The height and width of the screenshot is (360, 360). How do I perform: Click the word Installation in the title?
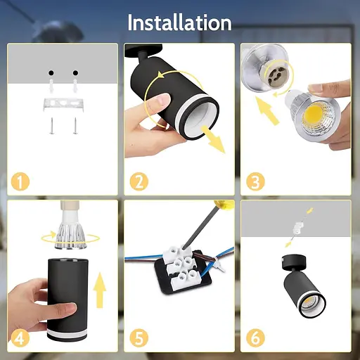coord(179,22)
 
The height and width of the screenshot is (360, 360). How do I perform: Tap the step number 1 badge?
coord(20,181)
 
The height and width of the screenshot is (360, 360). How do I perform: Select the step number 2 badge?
coord(139,181)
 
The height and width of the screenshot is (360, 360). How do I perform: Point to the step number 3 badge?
coord(255,181)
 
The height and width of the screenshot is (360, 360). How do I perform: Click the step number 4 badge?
coord(20,337)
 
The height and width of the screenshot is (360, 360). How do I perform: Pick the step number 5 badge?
coord(139,337)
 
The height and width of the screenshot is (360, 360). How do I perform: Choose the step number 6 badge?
coord(255,337)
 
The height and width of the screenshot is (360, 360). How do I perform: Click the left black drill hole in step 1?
coord(51,72)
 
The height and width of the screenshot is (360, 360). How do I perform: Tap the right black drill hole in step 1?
coord(75,72)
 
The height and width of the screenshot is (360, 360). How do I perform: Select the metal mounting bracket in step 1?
coord(63,104)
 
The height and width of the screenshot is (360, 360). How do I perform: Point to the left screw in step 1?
coord(52,126)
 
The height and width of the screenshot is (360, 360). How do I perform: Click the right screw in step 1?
coord(75,126)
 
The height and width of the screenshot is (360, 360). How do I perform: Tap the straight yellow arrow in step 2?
coord(213,139)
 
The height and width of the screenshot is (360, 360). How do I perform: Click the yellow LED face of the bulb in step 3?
coord(314,115)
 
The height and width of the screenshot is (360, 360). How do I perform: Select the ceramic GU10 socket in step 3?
coord(278,74)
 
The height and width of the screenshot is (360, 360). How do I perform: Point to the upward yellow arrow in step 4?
coord(100,290)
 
